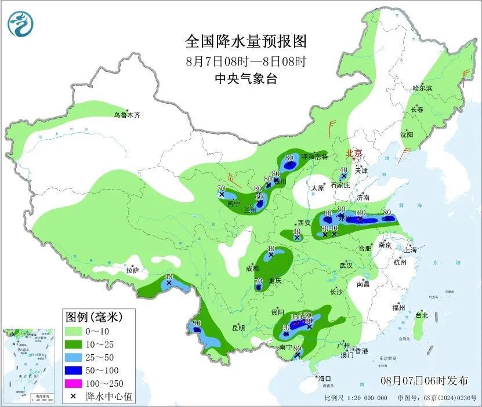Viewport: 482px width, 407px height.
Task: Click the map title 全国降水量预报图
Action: click(245, 42)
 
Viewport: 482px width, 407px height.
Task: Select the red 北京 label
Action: click(354, 154)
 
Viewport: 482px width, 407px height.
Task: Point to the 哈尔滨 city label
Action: click(422, 88)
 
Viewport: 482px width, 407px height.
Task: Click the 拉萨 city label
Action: click(133, 270)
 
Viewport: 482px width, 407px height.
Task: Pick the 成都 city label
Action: click(252, 268)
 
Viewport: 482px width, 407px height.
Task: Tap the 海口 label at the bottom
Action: click(325, 379)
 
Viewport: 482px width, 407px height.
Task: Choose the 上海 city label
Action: click(411, 250)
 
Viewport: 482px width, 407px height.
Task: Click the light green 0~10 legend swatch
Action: click(75, 331)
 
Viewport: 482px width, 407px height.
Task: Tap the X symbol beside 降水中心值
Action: click(75, 397)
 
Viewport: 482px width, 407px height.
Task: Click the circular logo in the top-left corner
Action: click(21, 23)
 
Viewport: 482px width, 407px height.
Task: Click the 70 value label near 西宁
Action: click(221, 188)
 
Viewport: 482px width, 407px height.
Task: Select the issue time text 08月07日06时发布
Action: click(425, 381)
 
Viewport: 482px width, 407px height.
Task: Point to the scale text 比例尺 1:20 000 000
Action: click(356, 398)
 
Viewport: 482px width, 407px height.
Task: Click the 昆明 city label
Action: click(238, 328)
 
